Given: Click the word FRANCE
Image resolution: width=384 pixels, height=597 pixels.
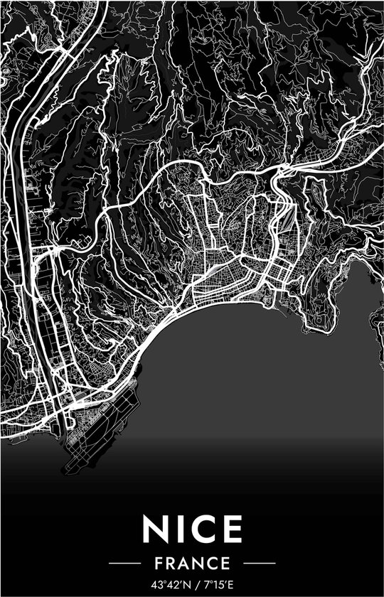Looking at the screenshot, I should (192, 563).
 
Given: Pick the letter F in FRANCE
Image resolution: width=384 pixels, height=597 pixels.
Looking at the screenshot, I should (159, 563).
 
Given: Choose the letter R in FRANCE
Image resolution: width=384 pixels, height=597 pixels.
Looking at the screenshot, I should (171, 563).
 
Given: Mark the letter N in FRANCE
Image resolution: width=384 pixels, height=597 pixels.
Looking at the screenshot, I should (199, 563).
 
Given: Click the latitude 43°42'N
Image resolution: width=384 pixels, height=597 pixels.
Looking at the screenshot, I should (170, 583).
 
